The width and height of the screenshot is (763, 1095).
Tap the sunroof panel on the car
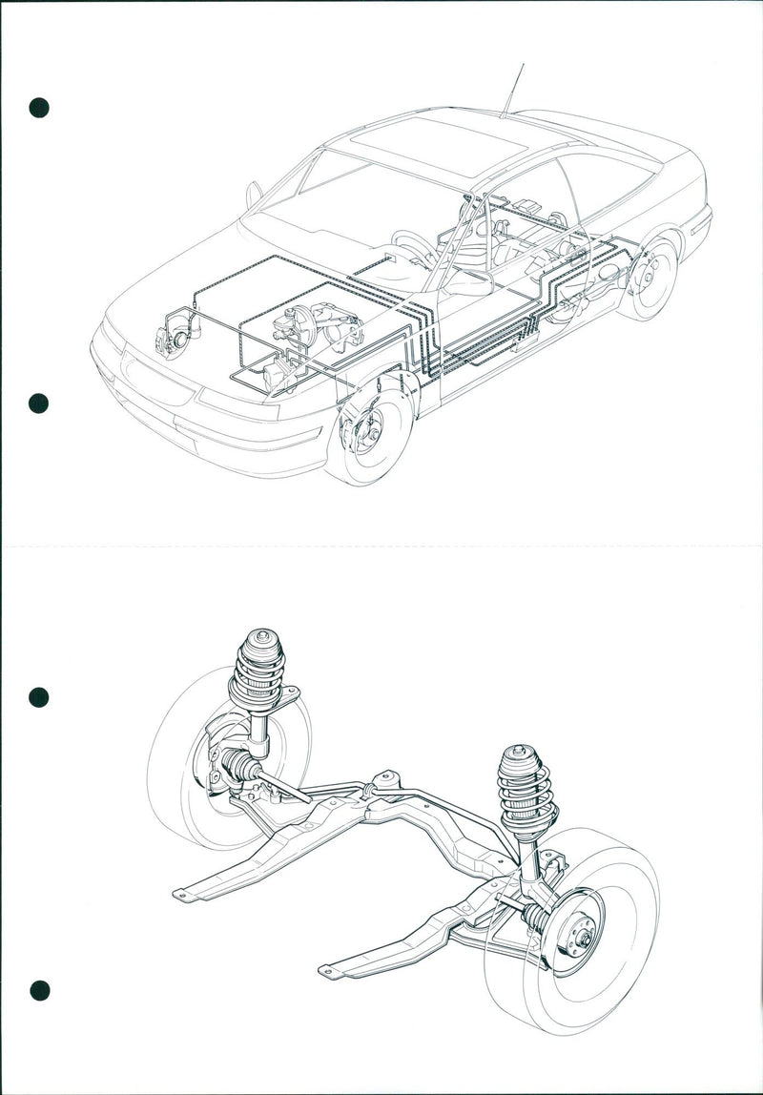coord(440,141)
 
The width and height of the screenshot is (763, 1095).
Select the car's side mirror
coord(254,195)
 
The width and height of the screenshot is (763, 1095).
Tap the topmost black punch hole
coord(38,107)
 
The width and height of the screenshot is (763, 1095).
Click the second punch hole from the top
coord(38,403)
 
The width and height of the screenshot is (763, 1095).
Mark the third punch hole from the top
coord(38,697)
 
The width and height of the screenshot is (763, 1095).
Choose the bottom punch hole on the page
coord(38,990)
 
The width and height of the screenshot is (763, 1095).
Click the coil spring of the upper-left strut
coord(258,683)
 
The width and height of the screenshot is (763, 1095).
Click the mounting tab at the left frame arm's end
coord(180,895)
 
